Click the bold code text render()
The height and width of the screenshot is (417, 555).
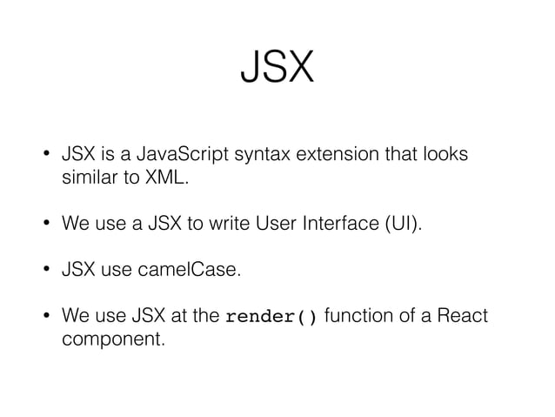[x=271, y=316]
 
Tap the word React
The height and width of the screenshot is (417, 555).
[x=465, y=315]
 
